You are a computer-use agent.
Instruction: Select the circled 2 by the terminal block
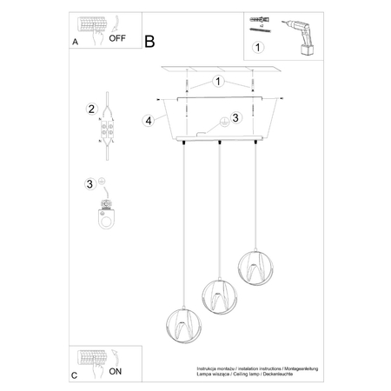point(90,109)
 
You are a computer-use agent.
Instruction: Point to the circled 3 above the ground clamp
point(90,182)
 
